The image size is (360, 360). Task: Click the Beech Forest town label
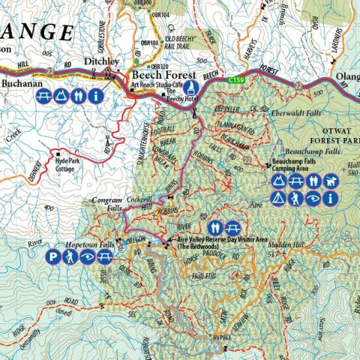[163, 76]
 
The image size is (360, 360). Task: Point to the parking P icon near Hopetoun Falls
[52, 259]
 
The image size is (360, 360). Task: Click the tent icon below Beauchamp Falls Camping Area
[277, 199]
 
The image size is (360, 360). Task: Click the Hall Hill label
[202, 276]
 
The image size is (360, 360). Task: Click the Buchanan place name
[23, 84]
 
